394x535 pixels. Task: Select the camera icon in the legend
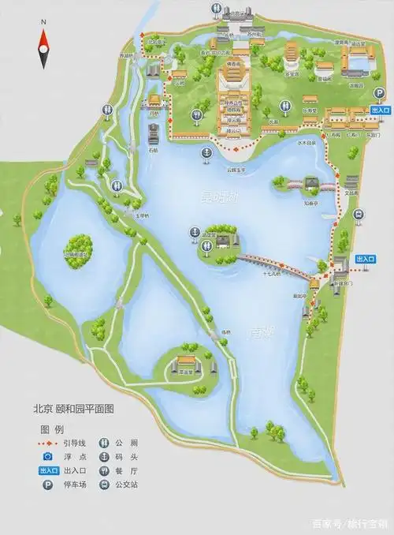(47, 456)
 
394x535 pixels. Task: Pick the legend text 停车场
(73, 485)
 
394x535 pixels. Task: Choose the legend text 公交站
(128, 485)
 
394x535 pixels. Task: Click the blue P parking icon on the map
(380, 93)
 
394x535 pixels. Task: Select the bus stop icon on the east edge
(358, 213)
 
